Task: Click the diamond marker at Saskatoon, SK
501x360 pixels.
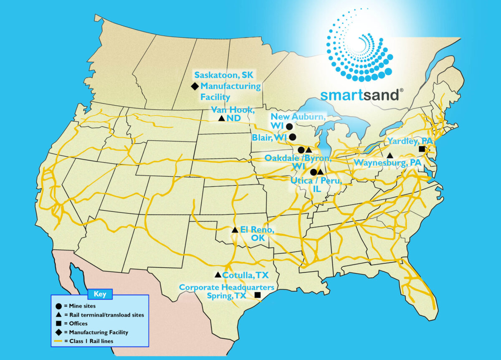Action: click(x=195, y=86)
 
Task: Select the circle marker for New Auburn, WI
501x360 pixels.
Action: click(x=289, y=126)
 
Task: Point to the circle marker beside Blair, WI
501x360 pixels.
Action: click(x=293, y=137)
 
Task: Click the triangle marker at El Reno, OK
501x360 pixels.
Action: click(x=235, y=230)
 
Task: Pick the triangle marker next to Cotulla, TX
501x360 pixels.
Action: click(x=218, y=275)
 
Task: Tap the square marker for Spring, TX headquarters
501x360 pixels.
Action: click(x=258, y=295)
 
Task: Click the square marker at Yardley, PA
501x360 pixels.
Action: click(x=422, y=149)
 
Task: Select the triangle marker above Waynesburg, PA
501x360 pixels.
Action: click(x=390, y=155)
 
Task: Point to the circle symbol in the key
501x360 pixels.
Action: click(x=58, y=306)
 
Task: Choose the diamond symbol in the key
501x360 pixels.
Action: click(x=58, y=332)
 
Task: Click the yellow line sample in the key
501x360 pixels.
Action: click(x=58, y=341)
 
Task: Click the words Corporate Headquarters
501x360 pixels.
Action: click(x=227, y=287)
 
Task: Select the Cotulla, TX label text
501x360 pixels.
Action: click(x=245, y=275)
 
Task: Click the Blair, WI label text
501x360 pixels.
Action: click(x=269, y=137)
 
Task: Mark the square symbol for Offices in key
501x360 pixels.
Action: click(x=58, y=324)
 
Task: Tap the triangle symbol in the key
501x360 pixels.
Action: click(x=58, y=315)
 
